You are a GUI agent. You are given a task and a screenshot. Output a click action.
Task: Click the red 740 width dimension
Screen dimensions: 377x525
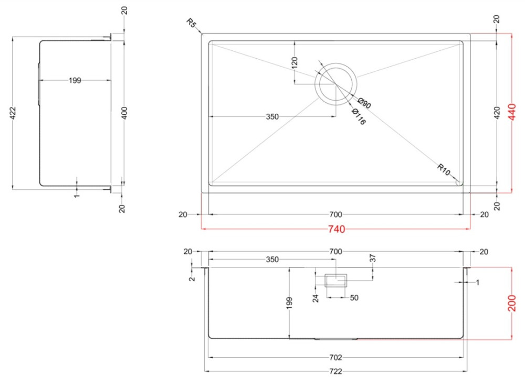[x=335, y=229]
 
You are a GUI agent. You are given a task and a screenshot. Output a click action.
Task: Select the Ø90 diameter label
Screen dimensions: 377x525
[x=364, y=103]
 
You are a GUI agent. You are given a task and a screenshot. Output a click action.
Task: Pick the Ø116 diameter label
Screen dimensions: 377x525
[x=358, y=117]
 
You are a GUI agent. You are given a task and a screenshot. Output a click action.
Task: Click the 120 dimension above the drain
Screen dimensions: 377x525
[x=295, y=63]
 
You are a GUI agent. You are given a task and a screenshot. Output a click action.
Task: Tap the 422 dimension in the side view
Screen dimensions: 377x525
[x=13, y=112]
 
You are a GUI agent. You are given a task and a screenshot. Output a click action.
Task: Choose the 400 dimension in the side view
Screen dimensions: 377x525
[x=124, y=112]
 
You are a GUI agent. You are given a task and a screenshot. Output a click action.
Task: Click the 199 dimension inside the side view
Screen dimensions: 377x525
[x=75, y=80]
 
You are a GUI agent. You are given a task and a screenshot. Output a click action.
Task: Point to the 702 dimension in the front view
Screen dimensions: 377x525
[x=335, y=358]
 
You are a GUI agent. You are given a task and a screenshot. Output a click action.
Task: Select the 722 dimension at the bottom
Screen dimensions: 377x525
[x=335, y=371]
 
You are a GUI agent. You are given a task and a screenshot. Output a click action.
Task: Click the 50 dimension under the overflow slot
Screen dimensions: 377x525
[x=354, y=298]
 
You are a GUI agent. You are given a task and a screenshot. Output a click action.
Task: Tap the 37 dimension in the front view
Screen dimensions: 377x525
[x=373, y=258]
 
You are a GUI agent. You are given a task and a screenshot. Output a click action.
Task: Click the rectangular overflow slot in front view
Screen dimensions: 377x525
[x=335, y=281]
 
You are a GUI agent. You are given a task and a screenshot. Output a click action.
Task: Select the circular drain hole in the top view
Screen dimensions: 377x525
[x=335, y=83]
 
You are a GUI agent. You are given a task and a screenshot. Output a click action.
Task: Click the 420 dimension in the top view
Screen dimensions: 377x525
[x=497, y=112]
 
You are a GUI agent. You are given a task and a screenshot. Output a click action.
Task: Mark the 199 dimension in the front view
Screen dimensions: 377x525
[x=289, y=303]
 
